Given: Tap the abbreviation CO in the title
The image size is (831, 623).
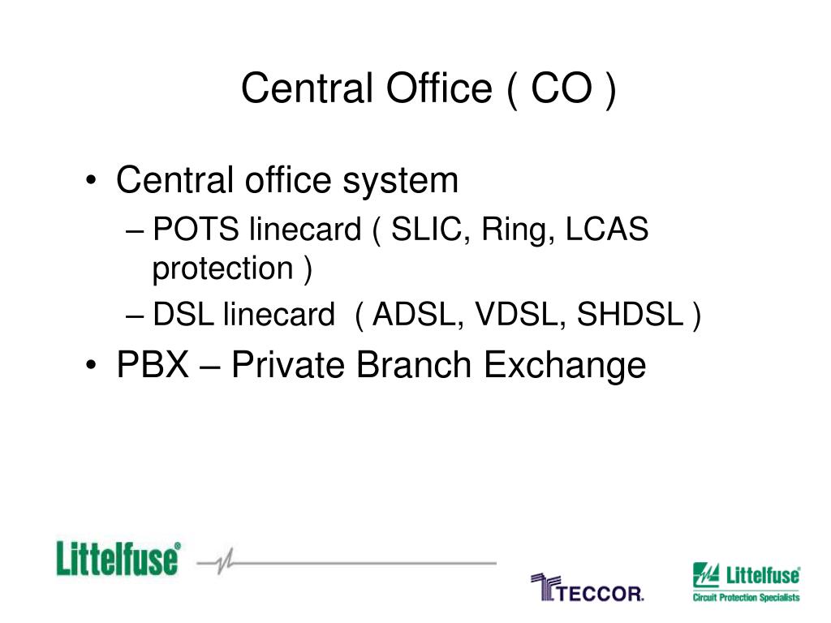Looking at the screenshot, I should (x=561, y=88).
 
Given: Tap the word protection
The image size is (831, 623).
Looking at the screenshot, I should (x=223, y=269).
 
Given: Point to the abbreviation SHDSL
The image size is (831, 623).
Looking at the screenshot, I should (x=630, y=316).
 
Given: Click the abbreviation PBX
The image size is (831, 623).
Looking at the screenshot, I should (x=153, y=365).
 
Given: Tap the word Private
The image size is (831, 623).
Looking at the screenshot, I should (x=290, y=365).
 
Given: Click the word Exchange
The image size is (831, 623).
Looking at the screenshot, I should (x=565, y=365).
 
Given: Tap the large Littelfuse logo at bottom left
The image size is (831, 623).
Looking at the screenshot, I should (x=118, y=560).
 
